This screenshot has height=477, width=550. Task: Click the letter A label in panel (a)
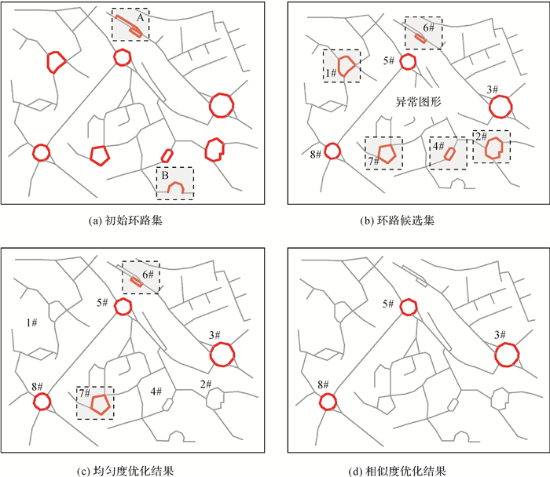click(x=140, y=16)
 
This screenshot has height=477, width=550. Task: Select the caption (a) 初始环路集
click(x=131, y=222)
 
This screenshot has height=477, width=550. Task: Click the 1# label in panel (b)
click(x=331, y=72)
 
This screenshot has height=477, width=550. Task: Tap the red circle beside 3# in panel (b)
click(x=499, y=106)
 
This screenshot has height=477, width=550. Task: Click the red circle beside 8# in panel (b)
click(x=333, y=151)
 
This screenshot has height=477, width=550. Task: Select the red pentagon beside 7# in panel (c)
click(x=100, y=404)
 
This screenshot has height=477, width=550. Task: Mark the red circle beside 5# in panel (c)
click(x=123, y=307)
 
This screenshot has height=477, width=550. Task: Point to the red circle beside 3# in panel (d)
click(x=507, y=355)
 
